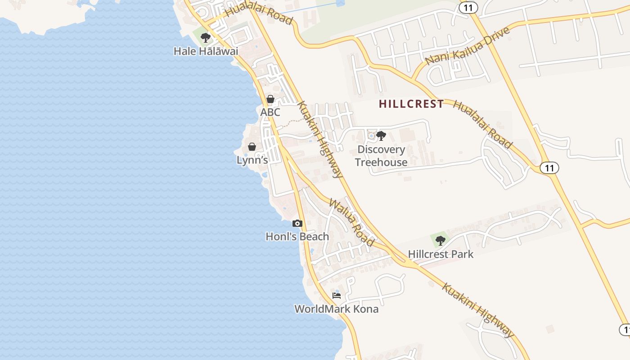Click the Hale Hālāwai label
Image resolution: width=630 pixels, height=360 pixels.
206,51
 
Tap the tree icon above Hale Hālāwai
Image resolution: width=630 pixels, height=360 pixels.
206,37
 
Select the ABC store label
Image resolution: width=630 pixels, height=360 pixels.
270,112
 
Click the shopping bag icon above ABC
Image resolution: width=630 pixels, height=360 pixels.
270,99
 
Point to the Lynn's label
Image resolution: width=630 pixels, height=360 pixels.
252,160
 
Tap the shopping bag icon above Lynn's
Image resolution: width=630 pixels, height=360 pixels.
252,147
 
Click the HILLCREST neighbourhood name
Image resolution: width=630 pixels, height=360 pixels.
411,104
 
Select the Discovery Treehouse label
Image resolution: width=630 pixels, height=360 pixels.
381,156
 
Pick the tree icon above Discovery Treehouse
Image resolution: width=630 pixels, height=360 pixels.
381,135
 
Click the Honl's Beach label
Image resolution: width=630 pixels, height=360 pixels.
297,236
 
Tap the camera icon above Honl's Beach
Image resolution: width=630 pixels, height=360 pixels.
297,223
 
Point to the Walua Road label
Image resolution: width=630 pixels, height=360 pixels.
351,222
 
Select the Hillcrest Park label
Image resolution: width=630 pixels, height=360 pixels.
441,254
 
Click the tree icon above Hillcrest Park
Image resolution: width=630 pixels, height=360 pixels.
441,241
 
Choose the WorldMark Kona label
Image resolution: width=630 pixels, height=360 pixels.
336,309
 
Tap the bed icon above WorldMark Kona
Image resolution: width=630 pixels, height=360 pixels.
336,296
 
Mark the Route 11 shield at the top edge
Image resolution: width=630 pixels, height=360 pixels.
468,7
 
